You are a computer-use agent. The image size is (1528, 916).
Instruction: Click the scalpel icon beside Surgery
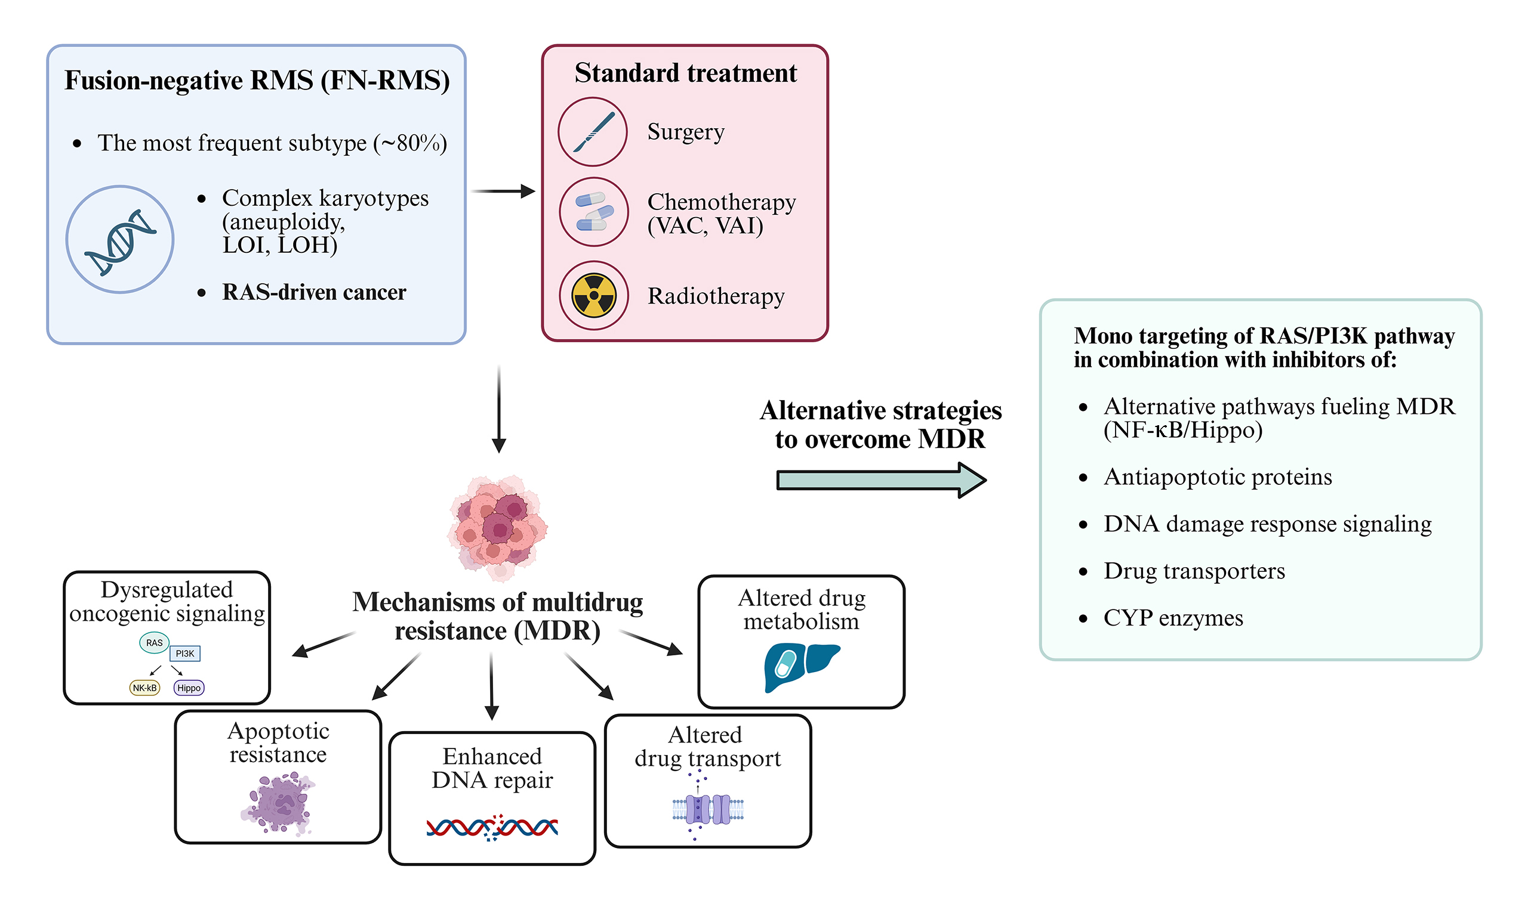pyautogui.click(x=592, y=132)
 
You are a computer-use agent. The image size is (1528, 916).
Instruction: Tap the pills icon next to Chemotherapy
pyautogui.click(x=593, y=212)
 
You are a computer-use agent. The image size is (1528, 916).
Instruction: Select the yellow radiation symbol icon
pyautogui.click(x=593, y=295)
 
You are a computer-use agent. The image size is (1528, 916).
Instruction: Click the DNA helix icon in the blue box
pyautogui.click(x=120, y=240)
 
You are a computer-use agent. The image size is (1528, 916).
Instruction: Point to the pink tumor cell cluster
pyautogui.click(x=498, y=526)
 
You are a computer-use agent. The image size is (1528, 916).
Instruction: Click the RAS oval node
pyautogui.click(x=154, y=642)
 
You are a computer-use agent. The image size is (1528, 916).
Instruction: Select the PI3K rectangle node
pyautogui.click(x=184, y=653)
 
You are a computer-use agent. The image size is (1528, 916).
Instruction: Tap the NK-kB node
pyautogui.click(x=144, y=688)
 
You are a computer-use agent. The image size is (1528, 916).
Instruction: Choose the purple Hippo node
pyautogui.click(x=189, y=688)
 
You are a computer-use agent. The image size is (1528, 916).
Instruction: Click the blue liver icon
pyautogui.click(x=801, y=667)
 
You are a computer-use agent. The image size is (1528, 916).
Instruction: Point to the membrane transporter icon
pyautogui.click(x=708, y=809)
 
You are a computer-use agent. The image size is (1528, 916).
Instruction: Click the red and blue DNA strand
pyautogui.click(x=492, y=827)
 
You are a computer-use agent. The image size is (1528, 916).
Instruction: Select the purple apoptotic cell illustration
pyautogui.click(x=279, y=804)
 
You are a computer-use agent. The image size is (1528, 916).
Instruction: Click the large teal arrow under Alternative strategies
pyautogui.click(x=881, y=479)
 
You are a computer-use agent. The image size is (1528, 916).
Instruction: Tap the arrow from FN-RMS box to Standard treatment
pyautogui.click(x=502, y=191)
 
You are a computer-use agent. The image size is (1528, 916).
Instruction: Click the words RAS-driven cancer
pyautogui.click(x=314, y=292)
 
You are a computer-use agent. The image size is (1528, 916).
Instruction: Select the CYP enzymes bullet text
pyautogui.click(x=1173, y=618)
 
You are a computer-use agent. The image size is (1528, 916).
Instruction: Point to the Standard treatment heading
pyautogui.click(x=686, y=73)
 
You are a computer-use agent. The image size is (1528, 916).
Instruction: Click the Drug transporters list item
pyautogui.click(x=1194, y=571)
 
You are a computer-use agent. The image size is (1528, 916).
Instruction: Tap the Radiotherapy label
pyautogui.click(x=716, y=296)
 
